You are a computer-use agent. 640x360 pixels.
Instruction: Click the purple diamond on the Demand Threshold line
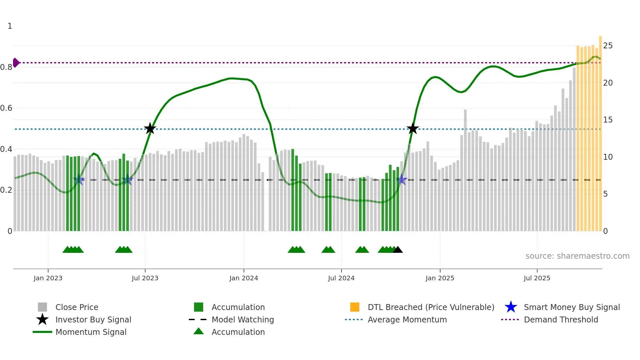coord(16,62)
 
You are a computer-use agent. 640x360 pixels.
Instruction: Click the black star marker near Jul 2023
coord(150,129)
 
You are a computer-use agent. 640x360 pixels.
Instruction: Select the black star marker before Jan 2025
coord(413,129)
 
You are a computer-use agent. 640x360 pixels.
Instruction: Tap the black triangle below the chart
coord(398,250)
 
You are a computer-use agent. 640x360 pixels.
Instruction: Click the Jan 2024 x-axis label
coord(244,278)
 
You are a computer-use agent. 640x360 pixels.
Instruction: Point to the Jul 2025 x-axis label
coord(537,278)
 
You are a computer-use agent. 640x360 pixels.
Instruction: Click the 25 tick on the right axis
coord(608,46)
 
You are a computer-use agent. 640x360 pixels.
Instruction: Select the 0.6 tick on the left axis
coord(7,108)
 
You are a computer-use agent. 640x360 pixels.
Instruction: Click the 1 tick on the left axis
coord(10,26)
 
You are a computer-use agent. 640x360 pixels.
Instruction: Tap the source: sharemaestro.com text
coord(577,256)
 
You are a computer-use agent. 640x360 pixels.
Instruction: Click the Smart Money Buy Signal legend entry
coord(571,307)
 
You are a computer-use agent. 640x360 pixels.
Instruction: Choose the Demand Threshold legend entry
coord(561,319)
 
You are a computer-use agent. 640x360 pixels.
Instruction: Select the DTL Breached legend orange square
coord(355,307)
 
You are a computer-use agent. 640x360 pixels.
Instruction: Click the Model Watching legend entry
coord(242,319)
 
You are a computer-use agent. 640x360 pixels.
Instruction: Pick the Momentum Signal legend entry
coord(91,332)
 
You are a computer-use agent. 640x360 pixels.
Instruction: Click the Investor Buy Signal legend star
coord(42,319)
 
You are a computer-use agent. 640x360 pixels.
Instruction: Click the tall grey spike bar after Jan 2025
coord(465,170)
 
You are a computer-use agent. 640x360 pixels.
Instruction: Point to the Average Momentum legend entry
coord(407,319)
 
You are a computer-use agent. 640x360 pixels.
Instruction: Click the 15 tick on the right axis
coord(608,120)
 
